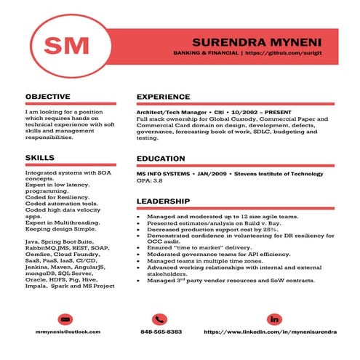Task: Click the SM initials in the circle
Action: point(64,45)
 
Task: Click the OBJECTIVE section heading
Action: point(48,96)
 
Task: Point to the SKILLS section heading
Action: point(39,157)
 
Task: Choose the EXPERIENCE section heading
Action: point(164,96)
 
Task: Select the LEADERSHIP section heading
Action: point(164,201)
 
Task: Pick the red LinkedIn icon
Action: point(274,319)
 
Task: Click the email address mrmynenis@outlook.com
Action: point(67,332)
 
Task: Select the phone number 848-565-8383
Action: point(161,332)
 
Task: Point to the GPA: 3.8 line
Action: point(149,182)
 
